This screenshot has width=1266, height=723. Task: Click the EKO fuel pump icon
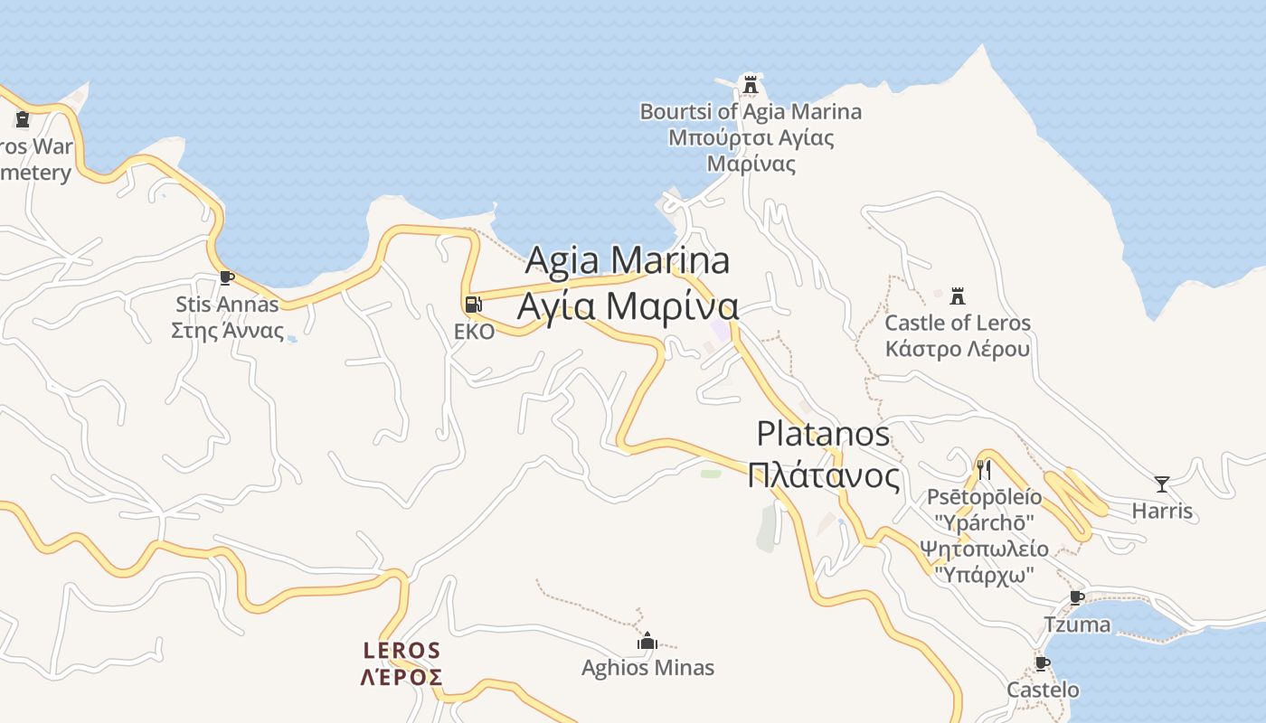473,305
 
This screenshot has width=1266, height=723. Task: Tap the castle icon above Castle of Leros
958,296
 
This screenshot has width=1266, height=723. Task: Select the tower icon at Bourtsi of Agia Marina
750,85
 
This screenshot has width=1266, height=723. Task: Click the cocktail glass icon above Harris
1162,484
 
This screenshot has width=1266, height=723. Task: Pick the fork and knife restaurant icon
984,469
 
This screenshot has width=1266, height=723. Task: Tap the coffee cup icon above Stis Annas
227,277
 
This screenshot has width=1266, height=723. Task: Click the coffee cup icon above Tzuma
1076,597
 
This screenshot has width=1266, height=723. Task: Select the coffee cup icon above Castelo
1043,664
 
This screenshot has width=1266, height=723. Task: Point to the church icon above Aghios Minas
647,641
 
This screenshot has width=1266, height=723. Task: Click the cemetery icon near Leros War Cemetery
23,118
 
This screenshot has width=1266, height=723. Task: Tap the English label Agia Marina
627,260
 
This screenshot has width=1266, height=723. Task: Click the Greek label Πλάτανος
824,475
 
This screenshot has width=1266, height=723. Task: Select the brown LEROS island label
402,651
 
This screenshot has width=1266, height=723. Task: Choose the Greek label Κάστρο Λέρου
958,349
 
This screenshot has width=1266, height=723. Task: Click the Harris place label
1162,512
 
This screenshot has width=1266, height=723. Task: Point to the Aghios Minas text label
647,668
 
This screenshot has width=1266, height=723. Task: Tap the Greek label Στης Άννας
227,330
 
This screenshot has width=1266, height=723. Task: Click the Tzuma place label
1077,624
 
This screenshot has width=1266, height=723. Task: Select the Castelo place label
1044,690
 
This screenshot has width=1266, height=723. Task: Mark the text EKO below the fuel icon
474,332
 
